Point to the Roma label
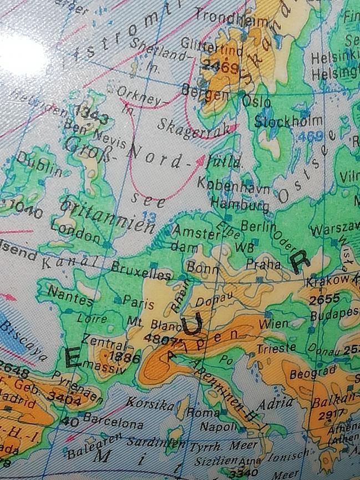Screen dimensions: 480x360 coord(199,413)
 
